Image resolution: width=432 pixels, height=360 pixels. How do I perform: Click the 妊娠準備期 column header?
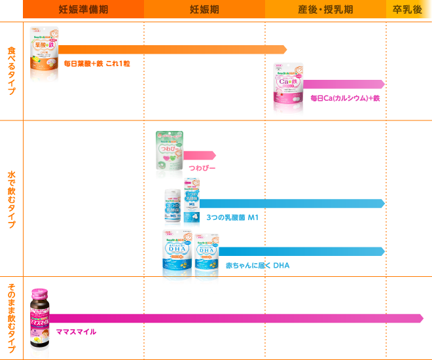click(x=83, y=9)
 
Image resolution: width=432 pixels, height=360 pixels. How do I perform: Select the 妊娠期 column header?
click(x=204, y=9)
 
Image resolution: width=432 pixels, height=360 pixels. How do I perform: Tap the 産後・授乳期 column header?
click(x=325, y=9)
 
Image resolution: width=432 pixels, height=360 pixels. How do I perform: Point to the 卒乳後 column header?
click(x=408, y=9)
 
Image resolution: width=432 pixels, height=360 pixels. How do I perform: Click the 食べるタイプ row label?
click(x=11, y=71)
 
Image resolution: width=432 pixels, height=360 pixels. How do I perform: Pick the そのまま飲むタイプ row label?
click(x=11, y=319)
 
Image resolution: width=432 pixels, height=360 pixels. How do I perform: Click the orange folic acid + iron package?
click(x=44, y=55)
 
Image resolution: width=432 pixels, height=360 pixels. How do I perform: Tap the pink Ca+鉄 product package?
click(x=288, y=89)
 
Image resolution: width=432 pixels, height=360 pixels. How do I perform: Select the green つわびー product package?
click(x=169, y=155)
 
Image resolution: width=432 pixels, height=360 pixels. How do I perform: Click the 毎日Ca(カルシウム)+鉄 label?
click(x=344, y=98)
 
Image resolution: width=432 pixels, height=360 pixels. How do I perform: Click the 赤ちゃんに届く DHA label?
click(x=257, y=265)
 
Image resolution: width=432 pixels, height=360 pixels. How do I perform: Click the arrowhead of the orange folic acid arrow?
click(x=283, y=50)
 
